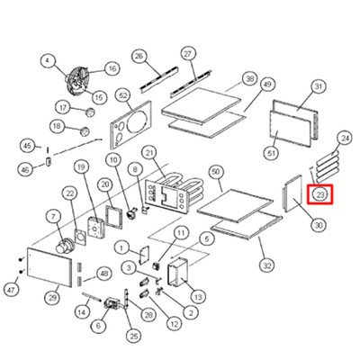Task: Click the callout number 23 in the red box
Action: [320, 194]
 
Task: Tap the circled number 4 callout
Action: [48, 61]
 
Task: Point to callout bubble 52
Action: [123, 95]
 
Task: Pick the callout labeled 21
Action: [149, 153]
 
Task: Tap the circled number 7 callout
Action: [53, 217]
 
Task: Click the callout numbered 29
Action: [52, 298]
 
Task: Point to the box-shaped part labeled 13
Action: [177, 272]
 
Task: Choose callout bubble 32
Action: [267, 265]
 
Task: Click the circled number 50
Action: [216, 172]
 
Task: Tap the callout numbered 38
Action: [250, 79]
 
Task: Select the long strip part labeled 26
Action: [159, 79]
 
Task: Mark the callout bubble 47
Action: [12, 290]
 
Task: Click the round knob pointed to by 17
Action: [90, 112]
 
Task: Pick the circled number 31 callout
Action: [319, 87]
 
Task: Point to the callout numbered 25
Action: [134, 337]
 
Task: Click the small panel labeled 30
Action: [292, 194]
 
